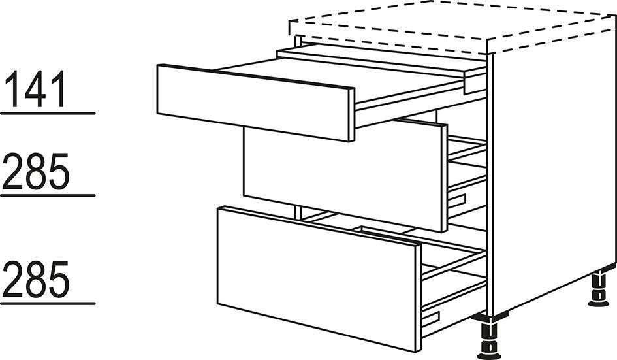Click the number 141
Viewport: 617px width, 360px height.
(36, 89)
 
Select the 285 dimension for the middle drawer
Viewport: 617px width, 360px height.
(36, 171)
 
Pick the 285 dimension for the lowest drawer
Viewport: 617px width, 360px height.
(36, 279)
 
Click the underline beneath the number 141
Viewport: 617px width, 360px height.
(48, 113)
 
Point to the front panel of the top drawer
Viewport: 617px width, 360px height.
(253, 103)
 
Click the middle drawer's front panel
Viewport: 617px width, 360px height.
(342, 177)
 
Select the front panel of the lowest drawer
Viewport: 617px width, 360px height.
(317, 279)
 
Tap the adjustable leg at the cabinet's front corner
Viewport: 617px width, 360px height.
(488, 338)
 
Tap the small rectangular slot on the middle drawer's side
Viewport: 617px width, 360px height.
(457, 200)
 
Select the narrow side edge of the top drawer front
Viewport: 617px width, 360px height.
(352, 114)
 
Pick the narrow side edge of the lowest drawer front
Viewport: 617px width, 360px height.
(419, 298)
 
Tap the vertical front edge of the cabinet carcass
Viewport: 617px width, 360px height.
(490, 185)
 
